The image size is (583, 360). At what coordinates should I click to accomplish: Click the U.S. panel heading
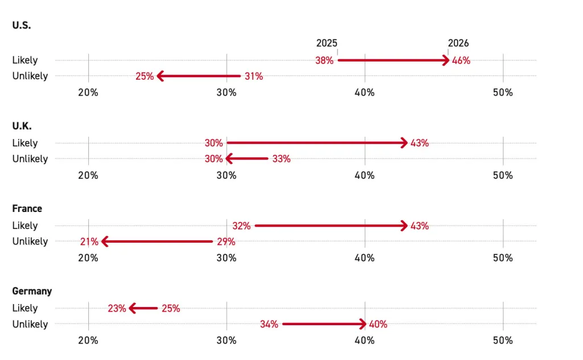[x=22, y=26]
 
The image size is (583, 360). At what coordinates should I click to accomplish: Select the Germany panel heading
[x=32, y=291]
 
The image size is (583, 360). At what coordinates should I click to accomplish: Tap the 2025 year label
[x=327, y=43]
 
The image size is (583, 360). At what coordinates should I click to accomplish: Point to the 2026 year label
[x=458, y=43]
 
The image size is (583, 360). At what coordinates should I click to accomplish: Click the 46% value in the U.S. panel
[x=461, y=60]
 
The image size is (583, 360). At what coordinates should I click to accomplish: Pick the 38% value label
[x=324, y=60]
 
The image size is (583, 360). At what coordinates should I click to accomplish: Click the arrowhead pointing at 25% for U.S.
[x=160, y=76]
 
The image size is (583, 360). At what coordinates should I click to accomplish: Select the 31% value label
[x=254, y=76]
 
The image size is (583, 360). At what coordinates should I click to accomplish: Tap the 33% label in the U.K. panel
[x=281, y=159]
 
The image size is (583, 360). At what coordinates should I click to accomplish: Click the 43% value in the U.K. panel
[x=420, y=143]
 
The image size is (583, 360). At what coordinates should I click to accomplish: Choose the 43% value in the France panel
[x=420, y=226]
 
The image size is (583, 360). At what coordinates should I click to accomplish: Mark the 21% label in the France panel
[x=89, y=242]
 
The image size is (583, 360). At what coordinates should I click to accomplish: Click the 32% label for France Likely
[x=241, y=226]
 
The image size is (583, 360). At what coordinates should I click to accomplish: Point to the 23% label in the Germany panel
[x=117, y=309]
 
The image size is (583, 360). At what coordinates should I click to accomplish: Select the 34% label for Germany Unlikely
[x=269, y=325]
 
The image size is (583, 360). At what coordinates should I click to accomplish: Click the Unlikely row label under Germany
[x=30, y=324]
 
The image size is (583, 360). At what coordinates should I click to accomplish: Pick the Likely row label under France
[x=25, y=226]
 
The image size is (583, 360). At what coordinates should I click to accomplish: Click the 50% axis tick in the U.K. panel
[x=503, y=175]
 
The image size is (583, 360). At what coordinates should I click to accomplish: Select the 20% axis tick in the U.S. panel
[x=88, y=92]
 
